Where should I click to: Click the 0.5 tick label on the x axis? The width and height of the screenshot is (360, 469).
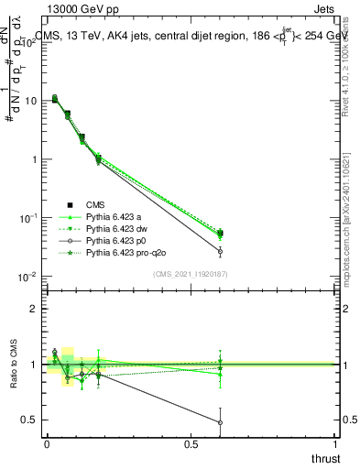[x=191, y=444]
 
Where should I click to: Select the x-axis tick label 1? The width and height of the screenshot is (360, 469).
[x=336, y=444]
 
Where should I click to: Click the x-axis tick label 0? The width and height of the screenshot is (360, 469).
[x=47, y=444]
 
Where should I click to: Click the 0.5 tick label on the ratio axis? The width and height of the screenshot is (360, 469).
[x=31, y=420]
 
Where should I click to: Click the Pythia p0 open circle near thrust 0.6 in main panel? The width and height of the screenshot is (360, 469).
[x=220, y=251]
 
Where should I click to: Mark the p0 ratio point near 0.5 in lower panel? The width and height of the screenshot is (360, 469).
[x=220, y=422]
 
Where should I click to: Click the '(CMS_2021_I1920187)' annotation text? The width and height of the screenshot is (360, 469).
[x=190, y=274]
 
